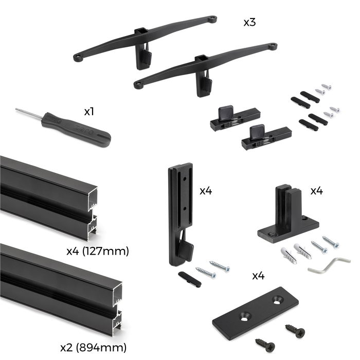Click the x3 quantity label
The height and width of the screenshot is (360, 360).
pos(250,23)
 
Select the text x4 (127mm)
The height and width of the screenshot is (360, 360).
pos(97,251)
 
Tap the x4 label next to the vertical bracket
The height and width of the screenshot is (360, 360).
pos(206,191)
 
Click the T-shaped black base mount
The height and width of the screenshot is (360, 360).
pos(287,216)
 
